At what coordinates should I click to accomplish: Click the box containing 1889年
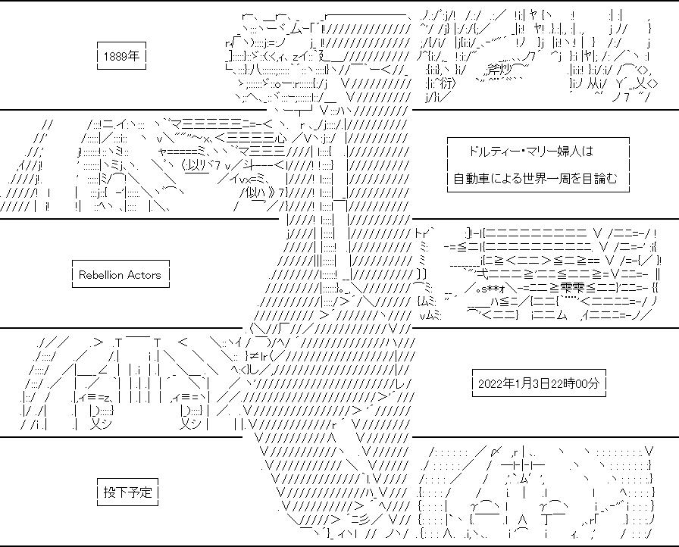coord(122,55)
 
